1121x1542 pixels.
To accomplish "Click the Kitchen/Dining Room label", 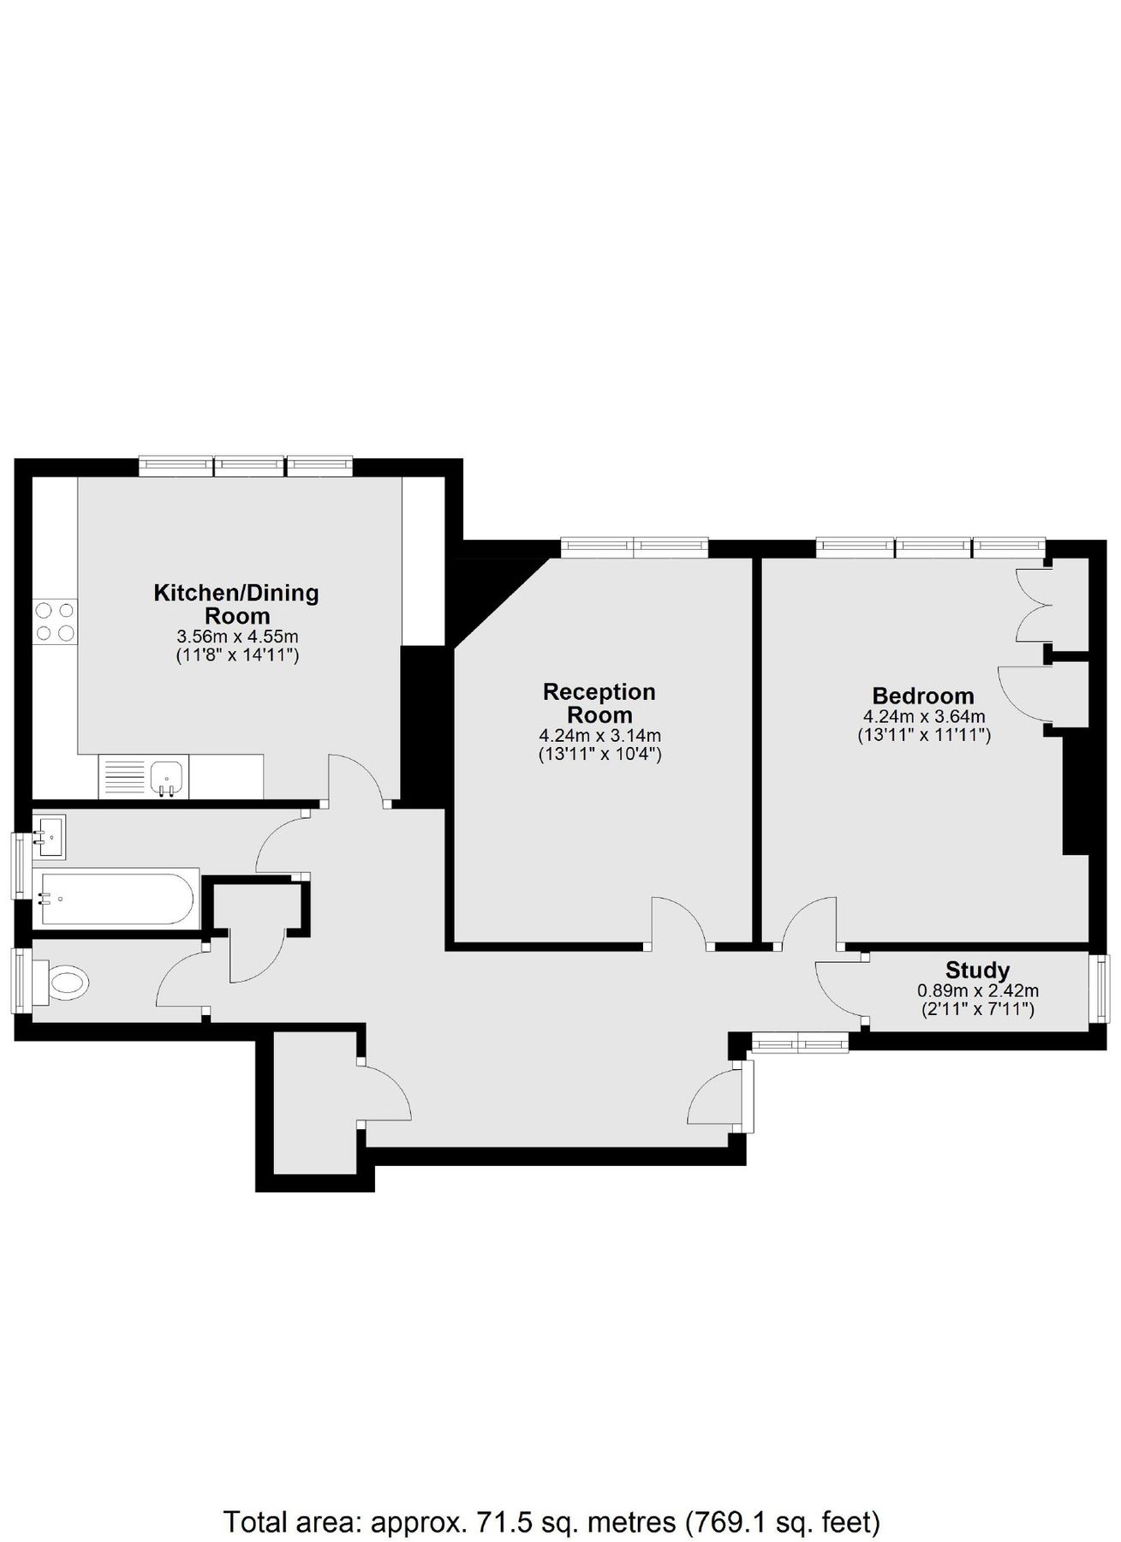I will click(x=236, y=604).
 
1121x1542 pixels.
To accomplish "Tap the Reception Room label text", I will click(x=599, y=703).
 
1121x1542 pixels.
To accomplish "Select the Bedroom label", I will click(x=923, y=696).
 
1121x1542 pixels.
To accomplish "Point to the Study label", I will click(x=977, y=971).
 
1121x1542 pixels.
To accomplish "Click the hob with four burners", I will click(x=54, y=622).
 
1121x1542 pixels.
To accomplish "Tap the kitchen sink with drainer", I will click(x=144, y=777).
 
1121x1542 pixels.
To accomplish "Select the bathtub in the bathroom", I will click(x=114, y=899).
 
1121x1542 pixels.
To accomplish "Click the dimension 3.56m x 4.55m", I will click(x=237, y=637).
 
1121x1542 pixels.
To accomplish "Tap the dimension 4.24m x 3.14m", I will click(x=599, y=736).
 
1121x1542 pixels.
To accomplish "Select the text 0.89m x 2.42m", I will click(x=978, y=991).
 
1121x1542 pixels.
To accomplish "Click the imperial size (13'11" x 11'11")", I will click(x=924, y=735).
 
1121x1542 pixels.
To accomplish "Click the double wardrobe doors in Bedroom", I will click(x=1032, y=605).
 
